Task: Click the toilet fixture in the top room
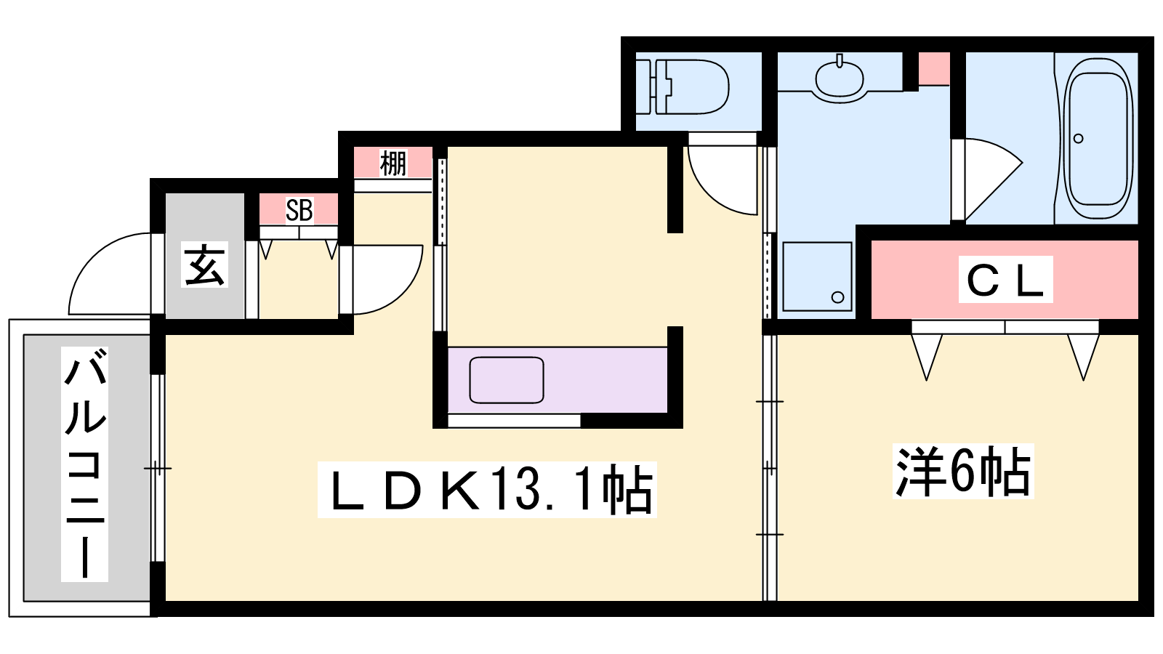[683, 86]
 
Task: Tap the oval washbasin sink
[839, 78]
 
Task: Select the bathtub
[1098, 138]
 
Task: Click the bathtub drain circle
[1079, 139]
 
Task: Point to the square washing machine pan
[817, 276]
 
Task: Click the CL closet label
[1005, 280]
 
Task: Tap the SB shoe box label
[299, 210]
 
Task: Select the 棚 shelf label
[393, 163]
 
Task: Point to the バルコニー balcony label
[84, 464]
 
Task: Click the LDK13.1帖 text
[487, 490]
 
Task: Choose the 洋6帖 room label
[963, 471]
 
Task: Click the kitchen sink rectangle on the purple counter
[506, 380]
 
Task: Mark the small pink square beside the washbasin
[934, 68]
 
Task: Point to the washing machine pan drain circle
[837, 297]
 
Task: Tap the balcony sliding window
[157, 468]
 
